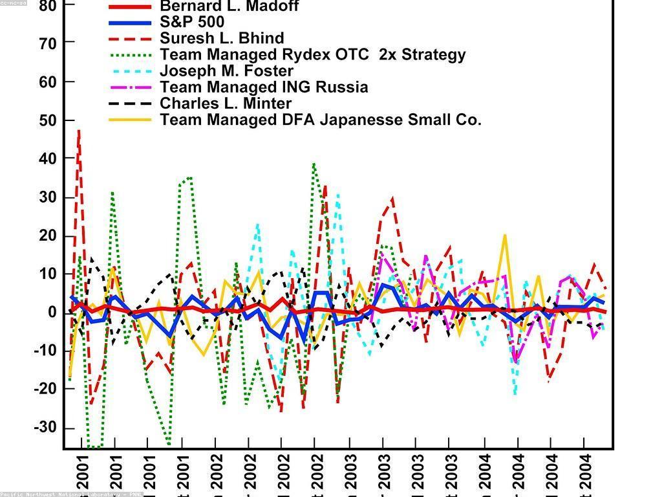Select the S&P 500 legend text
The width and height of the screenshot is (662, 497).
192,22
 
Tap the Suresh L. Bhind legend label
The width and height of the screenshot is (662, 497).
222,38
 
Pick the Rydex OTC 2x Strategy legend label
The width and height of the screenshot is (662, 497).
313,54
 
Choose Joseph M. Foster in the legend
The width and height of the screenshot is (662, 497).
226,71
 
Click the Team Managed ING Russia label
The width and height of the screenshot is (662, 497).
264,87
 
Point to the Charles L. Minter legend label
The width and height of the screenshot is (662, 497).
226,103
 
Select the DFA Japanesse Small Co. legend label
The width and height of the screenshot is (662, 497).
321,120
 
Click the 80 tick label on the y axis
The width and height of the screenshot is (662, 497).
48,6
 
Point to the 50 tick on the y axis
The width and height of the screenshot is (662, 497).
48,120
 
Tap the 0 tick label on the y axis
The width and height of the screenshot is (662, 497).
53,312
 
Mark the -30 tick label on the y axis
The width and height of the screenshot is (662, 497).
45,428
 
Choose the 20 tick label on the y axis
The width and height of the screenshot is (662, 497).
48,236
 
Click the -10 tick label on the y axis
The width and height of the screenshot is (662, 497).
45,351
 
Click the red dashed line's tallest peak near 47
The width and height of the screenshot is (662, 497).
79,131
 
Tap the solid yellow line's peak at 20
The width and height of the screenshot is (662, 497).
505,236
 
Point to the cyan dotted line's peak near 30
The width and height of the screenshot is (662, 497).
337,195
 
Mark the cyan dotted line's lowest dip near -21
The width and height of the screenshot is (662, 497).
515,392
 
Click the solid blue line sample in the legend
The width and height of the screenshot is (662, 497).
130,23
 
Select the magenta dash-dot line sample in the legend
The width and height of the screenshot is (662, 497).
130,87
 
